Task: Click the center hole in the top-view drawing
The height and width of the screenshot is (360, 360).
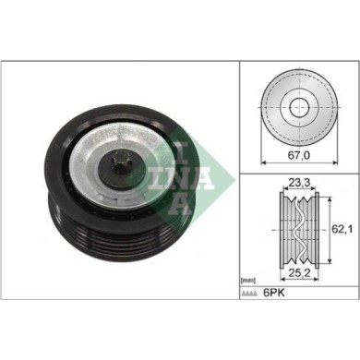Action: [x=297, y=107]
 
